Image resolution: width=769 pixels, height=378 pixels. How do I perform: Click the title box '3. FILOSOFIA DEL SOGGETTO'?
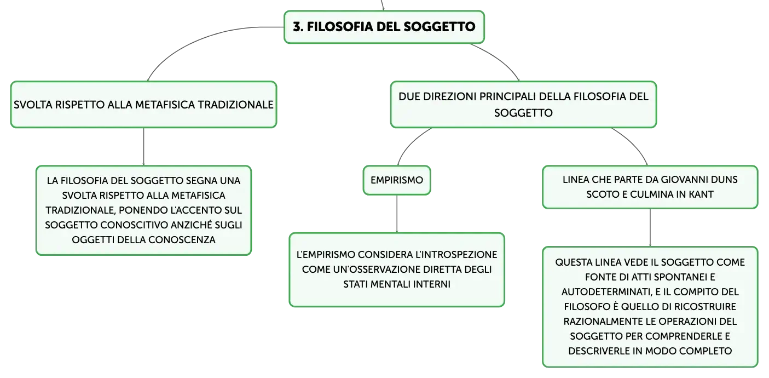[384, 27]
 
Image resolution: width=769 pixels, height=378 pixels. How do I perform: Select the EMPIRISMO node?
[397, 180]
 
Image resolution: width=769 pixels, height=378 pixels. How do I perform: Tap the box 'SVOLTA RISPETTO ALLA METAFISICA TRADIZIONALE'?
[143, 105]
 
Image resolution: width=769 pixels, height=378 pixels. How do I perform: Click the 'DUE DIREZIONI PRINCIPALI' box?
[524, 105]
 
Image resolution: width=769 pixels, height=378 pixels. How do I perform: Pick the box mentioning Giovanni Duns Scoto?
[650, 187]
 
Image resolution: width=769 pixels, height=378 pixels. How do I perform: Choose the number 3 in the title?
[298, 27]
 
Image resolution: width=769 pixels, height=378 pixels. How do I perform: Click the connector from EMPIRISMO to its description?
[397, 214]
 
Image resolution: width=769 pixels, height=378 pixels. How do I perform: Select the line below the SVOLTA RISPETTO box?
[143, 147]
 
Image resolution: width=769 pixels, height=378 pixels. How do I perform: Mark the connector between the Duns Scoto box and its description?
[650, 227]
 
